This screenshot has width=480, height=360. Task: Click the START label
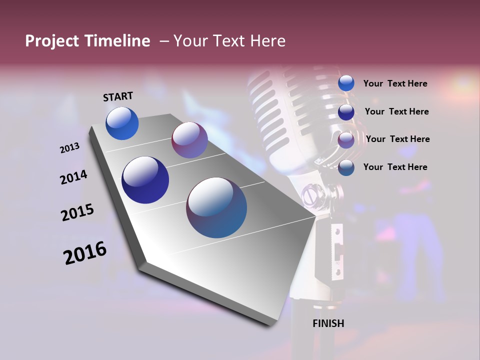[118, 96]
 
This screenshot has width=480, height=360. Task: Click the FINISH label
[328, 323]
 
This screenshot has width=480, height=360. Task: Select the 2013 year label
[69, 148]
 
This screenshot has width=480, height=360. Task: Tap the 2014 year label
[73, 177]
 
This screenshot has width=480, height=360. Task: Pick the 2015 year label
[77, 212]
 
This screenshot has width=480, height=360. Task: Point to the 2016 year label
[85, 253]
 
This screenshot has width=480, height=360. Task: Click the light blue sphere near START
[122, 123]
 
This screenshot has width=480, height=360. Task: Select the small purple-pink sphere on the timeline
[189, 140]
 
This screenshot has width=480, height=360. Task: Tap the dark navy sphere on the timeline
[145, 180]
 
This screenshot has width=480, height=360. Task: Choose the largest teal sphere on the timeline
[216, 207]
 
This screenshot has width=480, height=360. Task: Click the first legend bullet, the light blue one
[346, 83]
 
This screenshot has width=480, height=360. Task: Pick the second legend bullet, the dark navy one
[346, 112]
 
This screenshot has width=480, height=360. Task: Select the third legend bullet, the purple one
[346, 139]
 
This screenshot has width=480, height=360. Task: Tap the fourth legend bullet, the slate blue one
[346, 167]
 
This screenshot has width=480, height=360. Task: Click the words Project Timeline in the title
[87, 41]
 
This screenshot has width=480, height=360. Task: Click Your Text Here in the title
[229, 41]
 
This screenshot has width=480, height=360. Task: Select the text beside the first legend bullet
[395, 84]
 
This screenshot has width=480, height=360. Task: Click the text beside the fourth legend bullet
[395, 167]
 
